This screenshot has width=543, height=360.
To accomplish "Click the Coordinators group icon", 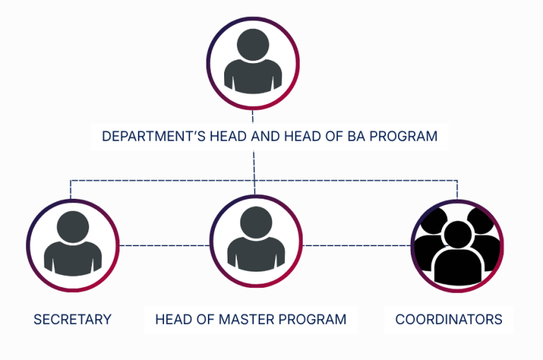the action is click(x=457, y=246).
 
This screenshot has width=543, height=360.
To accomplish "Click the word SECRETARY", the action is click(x=72, y=319).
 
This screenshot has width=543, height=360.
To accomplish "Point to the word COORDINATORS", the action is click(x=449, y=319).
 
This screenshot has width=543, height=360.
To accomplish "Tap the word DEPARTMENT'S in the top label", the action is click(x=153, y=137).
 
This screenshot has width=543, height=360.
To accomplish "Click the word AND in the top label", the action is click(x=265, y=137).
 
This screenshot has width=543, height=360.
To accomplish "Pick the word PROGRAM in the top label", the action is click(x=404, y=137).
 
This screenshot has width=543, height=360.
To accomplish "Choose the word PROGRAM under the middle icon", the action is click(x=312, y=319).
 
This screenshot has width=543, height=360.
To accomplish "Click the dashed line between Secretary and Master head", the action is click(x=165, y=245).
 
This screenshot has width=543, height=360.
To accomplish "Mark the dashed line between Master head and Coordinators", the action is click(x=356, y=245).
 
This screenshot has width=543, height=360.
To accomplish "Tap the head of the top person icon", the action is click(x=253, y=45).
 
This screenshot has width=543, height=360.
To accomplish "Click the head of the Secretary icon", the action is click(x=73, y=227).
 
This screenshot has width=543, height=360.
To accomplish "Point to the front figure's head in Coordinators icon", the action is click(x=458, y=235).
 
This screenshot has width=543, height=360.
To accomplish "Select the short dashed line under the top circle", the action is click(x=253, y=117).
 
